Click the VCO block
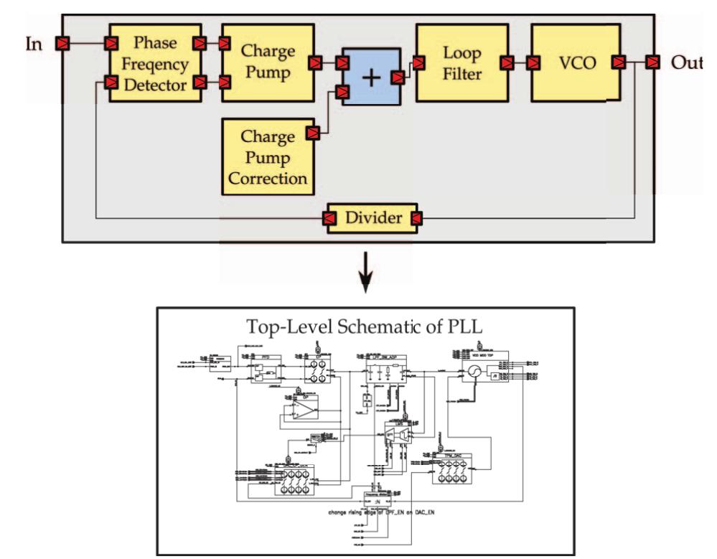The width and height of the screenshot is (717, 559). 575,62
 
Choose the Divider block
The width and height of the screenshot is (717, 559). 369,217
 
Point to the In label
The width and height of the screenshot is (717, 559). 34,44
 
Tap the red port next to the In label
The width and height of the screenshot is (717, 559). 64,44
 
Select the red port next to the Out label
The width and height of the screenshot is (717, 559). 652,62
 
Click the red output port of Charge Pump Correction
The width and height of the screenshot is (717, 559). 312,133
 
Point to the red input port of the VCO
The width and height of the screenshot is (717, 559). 533,62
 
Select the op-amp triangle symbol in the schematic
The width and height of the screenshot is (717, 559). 302,411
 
